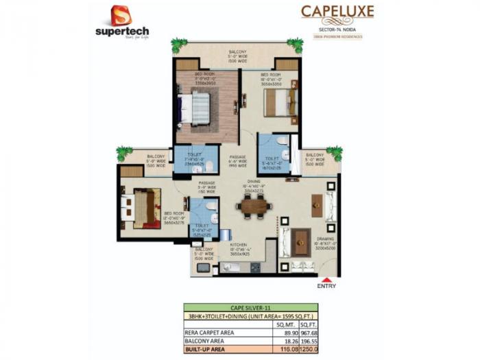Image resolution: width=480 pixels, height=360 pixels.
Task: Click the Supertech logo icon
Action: (x=121, y=15)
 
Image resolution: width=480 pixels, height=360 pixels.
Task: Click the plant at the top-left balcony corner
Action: (x=180, y=45)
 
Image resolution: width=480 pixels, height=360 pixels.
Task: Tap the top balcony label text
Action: (x=237, y=54)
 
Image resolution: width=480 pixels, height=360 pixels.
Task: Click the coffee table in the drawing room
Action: (x=300, y=241)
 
